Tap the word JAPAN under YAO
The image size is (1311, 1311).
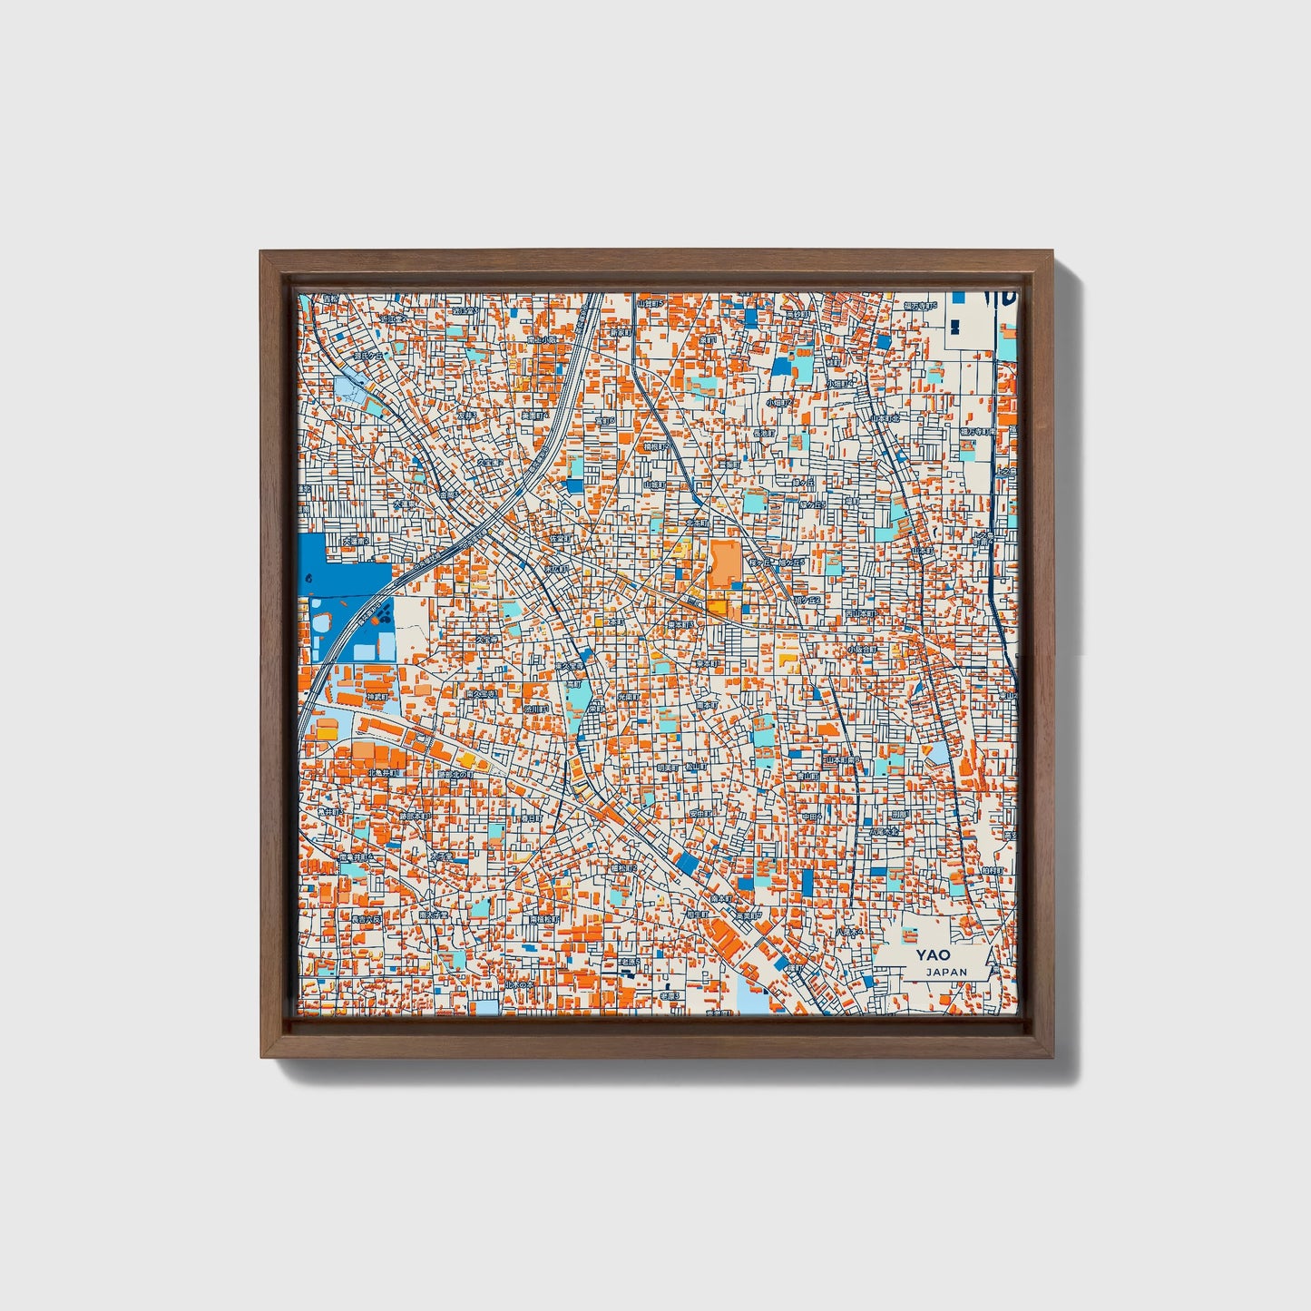[x=946, y=972]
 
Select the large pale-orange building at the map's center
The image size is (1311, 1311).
[x=725, y=563]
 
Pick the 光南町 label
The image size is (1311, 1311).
[x=629, y=696]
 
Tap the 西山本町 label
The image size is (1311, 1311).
[x=860, y=613]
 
